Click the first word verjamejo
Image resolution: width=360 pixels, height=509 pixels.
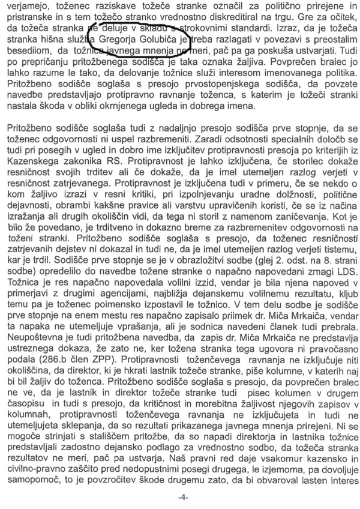pos(26,5)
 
